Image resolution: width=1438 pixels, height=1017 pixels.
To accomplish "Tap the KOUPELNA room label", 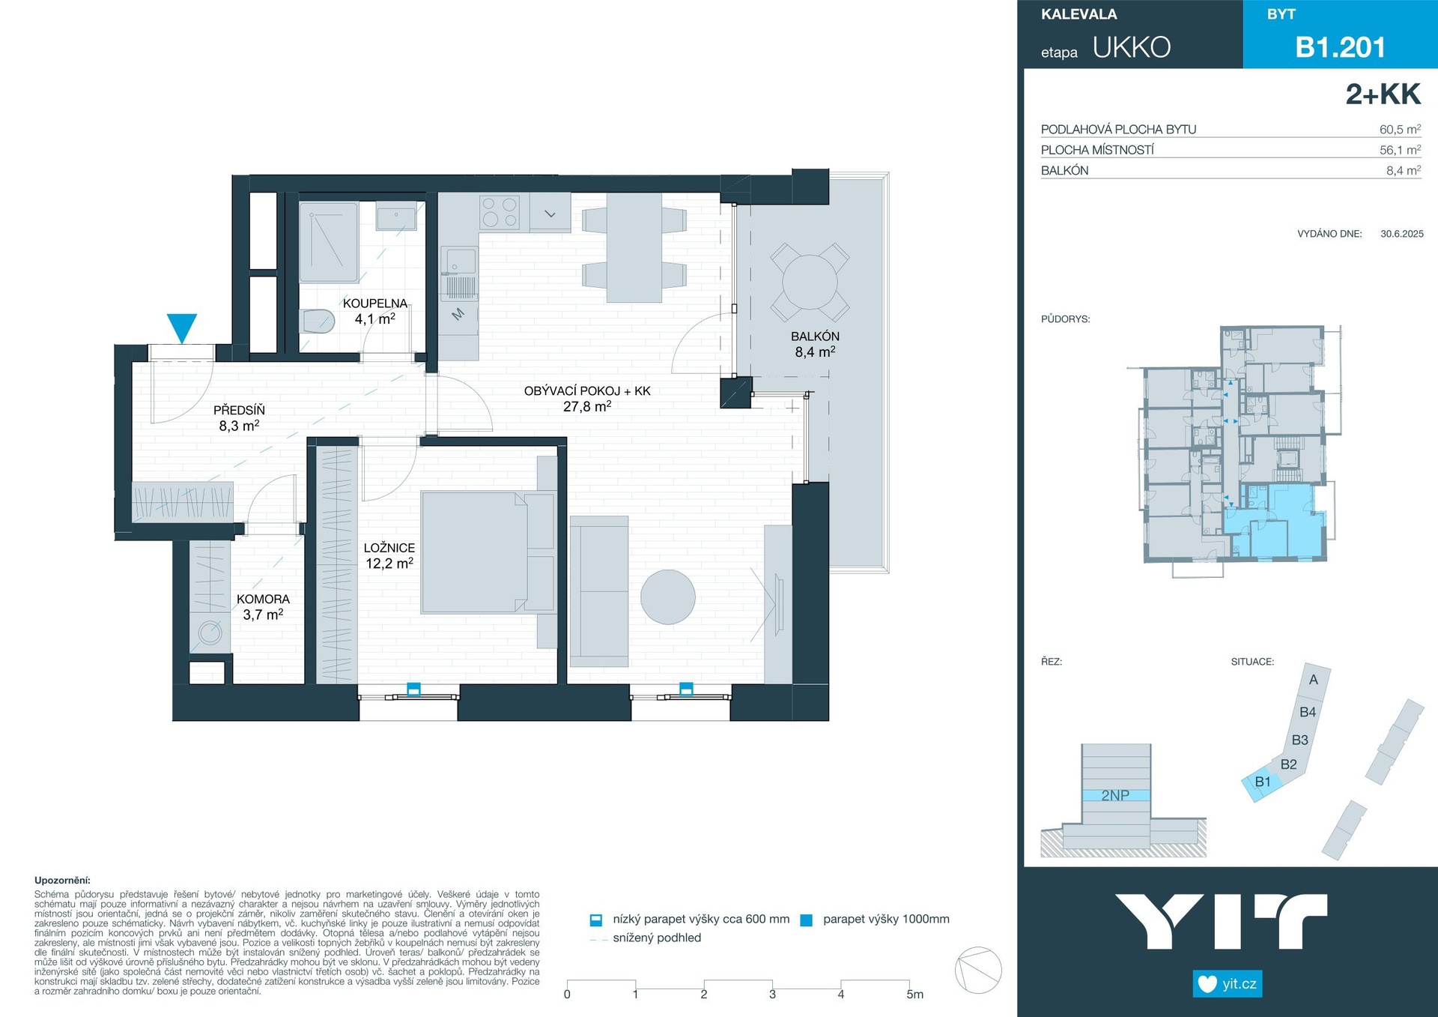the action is coord(375,304).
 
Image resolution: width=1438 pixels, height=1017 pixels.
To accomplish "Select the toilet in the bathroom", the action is coord(317,322).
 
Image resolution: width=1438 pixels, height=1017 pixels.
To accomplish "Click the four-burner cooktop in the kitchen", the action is coord(500,211).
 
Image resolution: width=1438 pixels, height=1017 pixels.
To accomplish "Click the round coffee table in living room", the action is coord(668,597).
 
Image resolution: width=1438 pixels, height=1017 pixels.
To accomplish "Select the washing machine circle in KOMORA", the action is coord(210,632).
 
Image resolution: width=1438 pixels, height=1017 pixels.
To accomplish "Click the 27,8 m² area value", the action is coord(587,406).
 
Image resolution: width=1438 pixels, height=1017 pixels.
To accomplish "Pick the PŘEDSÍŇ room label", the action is coord(239,410).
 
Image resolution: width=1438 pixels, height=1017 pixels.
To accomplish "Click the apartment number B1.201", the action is coord(1340,47).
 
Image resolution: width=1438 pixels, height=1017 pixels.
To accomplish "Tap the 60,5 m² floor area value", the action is coord(1400,129).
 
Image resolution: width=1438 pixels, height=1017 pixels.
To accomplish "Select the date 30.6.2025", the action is coord(1401,234).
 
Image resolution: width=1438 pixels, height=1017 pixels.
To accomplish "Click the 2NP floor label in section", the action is coord(1115,795).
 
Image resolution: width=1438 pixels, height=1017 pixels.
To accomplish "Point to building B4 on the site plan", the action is coord(1308,712).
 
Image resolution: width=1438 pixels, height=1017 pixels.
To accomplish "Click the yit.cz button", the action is coord(1228,983).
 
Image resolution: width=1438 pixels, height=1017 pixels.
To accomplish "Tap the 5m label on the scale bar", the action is coord(914,995).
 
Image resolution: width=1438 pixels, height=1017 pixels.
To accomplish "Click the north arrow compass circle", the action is coord(978,971).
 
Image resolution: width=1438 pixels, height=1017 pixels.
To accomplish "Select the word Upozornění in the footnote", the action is coord(62,881).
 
